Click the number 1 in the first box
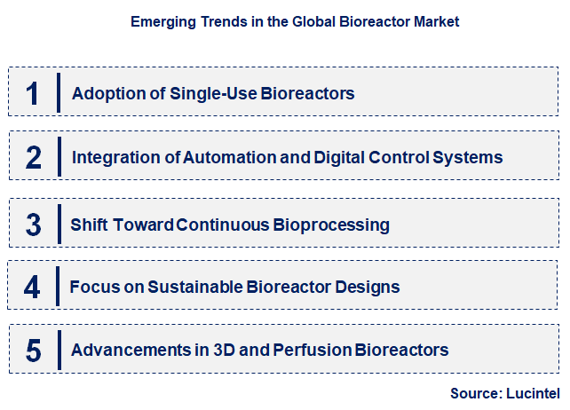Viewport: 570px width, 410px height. [33, 93]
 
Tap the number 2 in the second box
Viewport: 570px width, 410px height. [33, 158]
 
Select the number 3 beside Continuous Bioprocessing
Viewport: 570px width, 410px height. [33, 225]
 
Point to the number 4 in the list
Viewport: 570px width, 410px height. [32, 288]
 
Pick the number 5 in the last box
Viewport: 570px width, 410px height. [33, 351]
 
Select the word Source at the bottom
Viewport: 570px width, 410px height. [475, 391]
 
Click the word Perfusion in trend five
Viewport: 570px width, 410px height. [315, 351]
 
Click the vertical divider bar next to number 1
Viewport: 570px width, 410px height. [59, 93]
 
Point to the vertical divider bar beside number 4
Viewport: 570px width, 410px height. [58, 288]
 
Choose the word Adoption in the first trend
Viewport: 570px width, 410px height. [105, 93]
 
